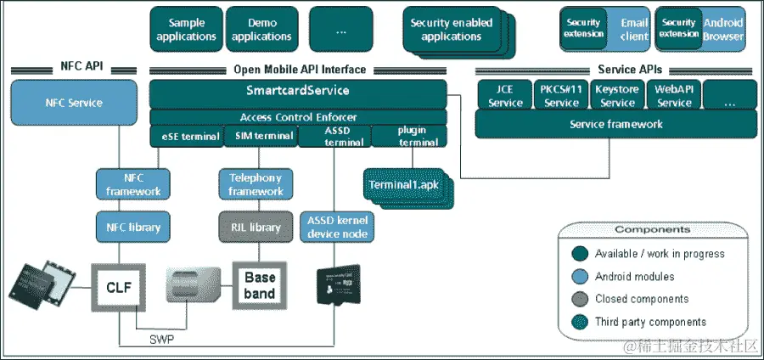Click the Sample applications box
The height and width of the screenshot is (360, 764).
[187, 30]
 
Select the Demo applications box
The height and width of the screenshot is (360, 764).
[261, 30]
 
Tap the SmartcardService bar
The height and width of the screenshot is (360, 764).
[298, 90]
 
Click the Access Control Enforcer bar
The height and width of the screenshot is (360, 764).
[298, 116]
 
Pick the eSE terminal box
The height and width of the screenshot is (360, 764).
[186, 136]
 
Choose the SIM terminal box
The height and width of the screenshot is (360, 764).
[261, 136]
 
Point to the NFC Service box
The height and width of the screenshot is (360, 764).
[74, 103]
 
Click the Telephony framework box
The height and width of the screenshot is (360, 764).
[256, 184]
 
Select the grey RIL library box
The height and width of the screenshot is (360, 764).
[256, 227]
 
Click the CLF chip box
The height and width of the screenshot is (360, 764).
[119, 286]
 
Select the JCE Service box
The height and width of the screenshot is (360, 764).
[505, 96]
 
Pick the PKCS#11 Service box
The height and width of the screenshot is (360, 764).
[561, 96]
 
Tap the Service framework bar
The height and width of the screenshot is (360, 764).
[615, 125]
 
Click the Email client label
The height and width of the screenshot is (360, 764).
[633, 30]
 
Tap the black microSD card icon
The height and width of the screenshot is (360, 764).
[338, 287]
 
